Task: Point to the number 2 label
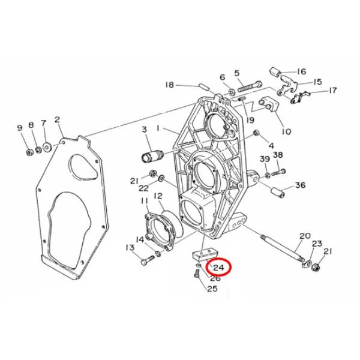(x=58, y=119)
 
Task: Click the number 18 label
(x=170, y=85)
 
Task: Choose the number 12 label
(x=158, y=196)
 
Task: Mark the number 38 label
(x=278, y=155)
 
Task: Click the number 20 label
(x=304, y=236)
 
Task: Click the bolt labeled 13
(x=146, y=262)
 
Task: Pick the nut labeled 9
(x=29, y=149)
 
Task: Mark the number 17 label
(x=333, y=91)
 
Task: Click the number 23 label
(x=317, y=244)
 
